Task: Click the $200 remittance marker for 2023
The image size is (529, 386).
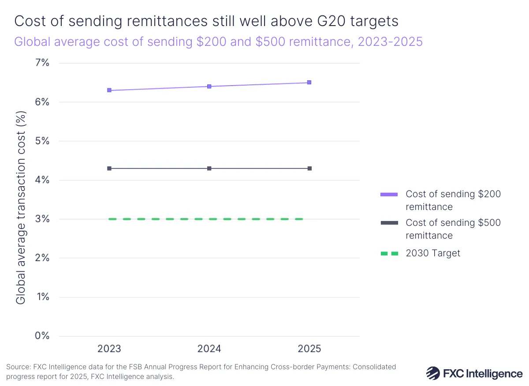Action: point(109,90)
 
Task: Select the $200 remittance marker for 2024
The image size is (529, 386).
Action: point(209,86)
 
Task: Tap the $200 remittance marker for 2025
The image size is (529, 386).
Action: point(309,82)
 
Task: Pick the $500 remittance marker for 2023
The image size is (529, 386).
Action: point(109,169)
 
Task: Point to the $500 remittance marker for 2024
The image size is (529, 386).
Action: point(209,169)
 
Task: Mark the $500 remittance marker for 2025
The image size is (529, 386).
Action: point(309,169)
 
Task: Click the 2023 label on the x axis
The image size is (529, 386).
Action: point(109,349)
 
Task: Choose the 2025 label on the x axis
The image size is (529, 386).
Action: point(309,349)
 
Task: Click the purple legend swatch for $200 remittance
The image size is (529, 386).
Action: point(389,194)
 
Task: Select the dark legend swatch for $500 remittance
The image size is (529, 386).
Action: point(389,223)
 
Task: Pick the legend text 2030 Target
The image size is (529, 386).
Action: point(433,253)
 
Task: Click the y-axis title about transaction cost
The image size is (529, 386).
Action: point(21,207)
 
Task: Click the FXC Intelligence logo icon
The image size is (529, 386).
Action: point(433,373)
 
